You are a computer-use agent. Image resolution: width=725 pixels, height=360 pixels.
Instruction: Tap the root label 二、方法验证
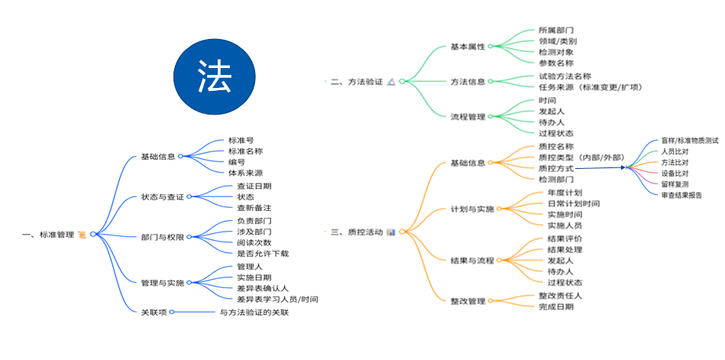point(357,81)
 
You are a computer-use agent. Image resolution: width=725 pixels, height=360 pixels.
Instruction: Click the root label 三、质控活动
point(356,231)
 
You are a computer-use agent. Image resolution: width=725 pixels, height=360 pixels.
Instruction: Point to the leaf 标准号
point(241,141)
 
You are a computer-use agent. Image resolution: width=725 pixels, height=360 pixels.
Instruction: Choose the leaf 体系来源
point(245,173)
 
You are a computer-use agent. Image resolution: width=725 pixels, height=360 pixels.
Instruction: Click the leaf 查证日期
point(254,186)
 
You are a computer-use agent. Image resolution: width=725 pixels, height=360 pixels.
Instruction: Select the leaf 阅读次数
point(254,242)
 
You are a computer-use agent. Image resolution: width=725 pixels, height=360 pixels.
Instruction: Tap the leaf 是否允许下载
point(263,253)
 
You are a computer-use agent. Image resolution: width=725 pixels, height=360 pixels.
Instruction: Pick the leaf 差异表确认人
point(262,288)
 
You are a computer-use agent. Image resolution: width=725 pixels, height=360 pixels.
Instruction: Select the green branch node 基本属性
point(468,47)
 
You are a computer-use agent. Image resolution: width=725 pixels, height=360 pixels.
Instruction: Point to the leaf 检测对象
point(557,52)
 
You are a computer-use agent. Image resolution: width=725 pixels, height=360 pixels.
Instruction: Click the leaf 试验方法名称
point(564,76)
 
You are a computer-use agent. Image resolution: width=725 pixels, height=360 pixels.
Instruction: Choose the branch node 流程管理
point(468,117)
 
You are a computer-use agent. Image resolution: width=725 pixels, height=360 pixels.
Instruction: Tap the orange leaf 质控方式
point(555,167)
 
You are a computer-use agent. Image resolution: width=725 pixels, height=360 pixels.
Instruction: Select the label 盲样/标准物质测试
point(689,141)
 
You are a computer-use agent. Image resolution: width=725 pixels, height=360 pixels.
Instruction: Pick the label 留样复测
point(675,184)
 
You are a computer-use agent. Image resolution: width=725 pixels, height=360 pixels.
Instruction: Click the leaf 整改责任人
point(561,295)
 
